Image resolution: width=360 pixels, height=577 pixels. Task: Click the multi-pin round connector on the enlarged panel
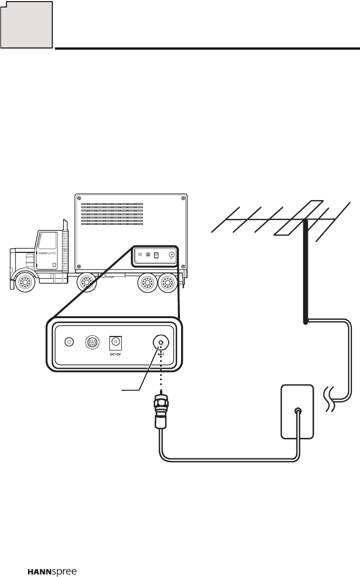click(x=93, y=342)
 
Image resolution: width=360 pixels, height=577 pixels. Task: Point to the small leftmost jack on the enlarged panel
click(x=69, y=342)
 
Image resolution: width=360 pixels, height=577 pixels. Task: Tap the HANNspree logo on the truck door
click(x=44, y=252)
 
